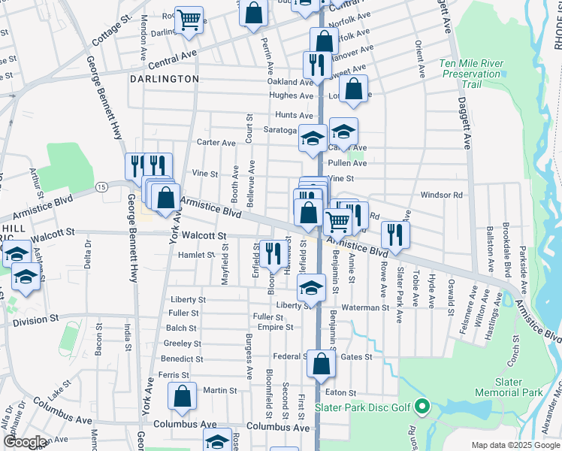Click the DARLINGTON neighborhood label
[164, 79]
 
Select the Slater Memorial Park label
[509, 387]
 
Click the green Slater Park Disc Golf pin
[421, 408]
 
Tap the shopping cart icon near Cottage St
[189, 19]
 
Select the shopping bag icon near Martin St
[182, 396]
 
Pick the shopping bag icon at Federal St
[321, 365]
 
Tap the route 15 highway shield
[101, 185]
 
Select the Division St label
[35, 322]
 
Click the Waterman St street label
[366, 307]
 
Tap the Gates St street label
[356, 357]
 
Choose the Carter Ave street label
[216, 142]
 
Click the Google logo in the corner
[25, 442]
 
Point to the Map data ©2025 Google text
[515, 445]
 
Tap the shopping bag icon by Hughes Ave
[353, 89]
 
